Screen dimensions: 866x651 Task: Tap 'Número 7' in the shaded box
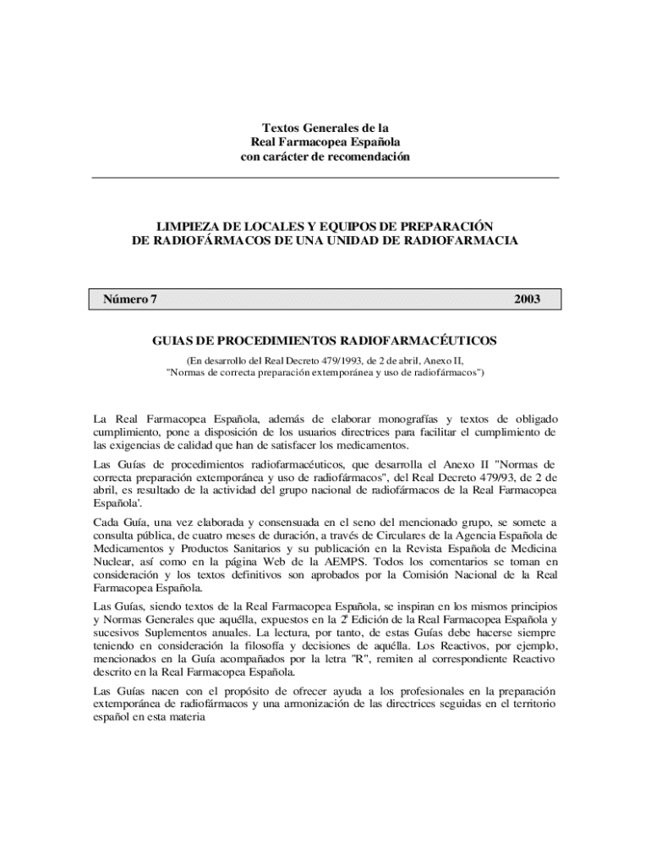click(130, 299)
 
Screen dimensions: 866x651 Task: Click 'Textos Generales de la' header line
click(325, 127)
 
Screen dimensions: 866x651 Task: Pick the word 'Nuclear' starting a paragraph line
click(112, 562)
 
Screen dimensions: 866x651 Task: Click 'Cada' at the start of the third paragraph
click(107, 521)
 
